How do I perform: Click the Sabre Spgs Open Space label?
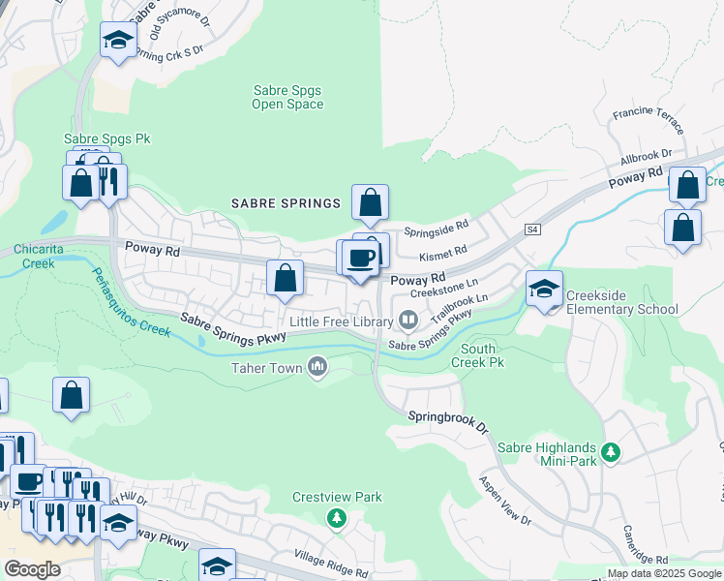[287, 97]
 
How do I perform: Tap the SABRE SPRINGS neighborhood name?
[286, 203]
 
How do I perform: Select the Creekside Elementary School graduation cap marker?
[545, 288]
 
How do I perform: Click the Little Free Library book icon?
[408, 320]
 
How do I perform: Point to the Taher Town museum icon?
[317, 366]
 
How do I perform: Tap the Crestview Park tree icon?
[336, 519]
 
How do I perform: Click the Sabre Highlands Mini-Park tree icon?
[611, 451]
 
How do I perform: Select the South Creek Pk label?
[478, 355]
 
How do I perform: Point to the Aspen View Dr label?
[506, 501]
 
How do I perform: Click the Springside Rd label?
[436, 232]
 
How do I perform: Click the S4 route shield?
[532, 229]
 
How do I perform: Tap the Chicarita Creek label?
[40, 256]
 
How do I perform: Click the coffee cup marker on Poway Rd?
[360, 259]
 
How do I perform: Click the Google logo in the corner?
[32, 569]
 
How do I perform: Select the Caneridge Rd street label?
[635, 558]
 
